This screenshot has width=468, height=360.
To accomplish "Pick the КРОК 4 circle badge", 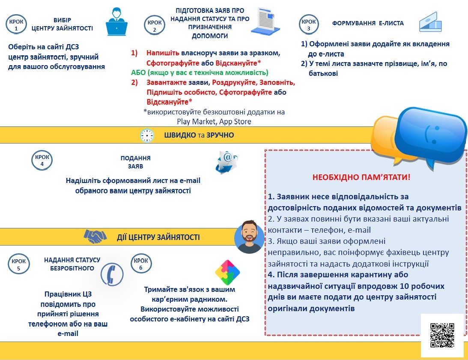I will [42, 159].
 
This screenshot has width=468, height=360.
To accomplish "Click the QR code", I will [442, 335].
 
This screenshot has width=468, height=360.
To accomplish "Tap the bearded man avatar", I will [249, 237].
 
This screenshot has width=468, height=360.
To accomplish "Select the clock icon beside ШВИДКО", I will [147, 135].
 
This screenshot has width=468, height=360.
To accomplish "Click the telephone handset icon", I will [112, 273].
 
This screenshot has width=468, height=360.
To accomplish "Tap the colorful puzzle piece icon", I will [227, 273].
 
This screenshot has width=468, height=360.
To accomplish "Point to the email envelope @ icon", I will [226, 161].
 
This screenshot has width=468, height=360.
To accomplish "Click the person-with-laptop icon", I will [116, 21].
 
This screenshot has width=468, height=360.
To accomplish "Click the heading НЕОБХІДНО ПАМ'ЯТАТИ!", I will [361, 177].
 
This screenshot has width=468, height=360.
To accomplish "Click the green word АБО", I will [139, 72].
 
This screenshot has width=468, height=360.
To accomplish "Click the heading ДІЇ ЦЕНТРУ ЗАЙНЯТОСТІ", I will [158, 237].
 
